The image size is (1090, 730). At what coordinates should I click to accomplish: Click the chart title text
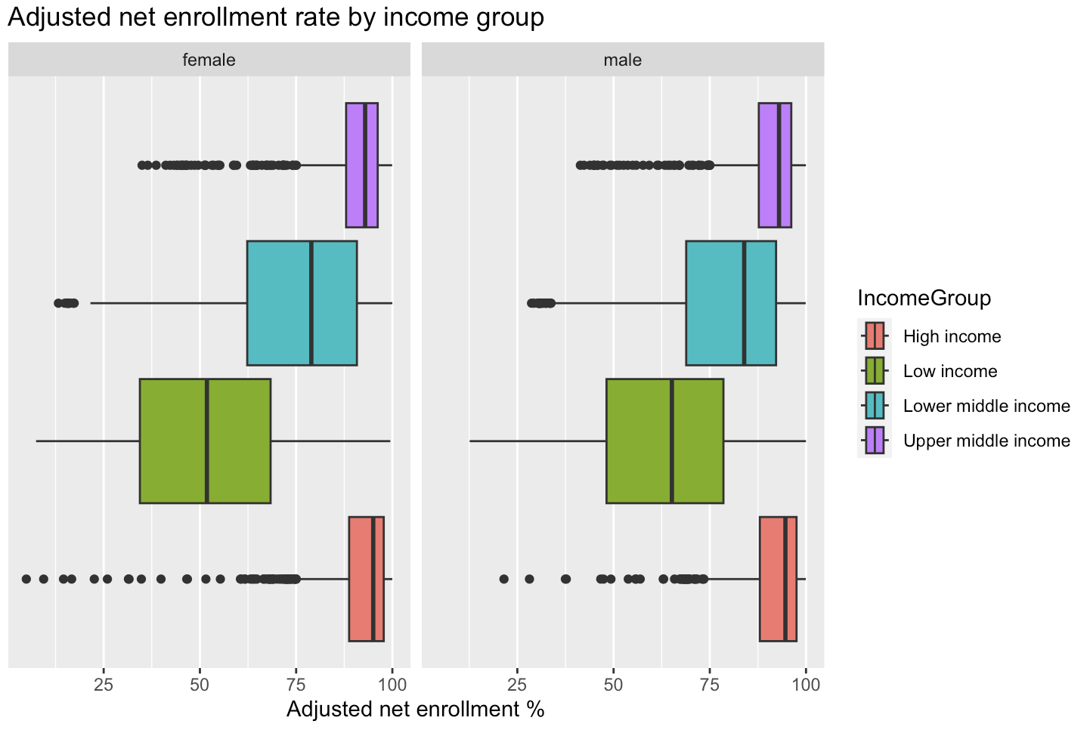[276, 17]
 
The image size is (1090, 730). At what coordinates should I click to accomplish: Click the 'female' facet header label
[209, 60]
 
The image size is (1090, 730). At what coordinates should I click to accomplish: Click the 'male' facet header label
[622, 60]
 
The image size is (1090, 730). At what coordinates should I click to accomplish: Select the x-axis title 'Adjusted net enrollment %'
[415, 710]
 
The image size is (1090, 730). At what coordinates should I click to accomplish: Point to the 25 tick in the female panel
[104, 685]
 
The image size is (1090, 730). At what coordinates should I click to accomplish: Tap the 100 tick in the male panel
[806, 685]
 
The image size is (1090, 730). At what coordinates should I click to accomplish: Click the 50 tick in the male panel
[613, 685]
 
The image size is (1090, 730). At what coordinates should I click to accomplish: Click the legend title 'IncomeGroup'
[924, 298]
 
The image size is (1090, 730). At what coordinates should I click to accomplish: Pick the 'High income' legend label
[952, 337]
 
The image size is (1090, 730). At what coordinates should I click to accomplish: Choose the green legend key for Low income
[875, 371]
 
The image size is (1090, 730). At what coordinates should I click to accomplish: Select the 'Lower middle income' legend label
[986, 407]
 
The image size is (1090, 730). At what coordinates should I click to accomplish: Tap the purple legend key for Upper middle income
[875, 441]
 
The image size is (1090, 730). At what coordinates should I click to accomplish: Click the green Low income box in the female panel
[174, 441]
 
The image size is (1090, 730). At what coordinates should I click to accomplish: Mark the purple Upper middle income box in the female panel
[355, 165]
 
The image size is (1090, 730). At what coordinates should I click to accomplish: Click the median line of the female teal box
[311, 303]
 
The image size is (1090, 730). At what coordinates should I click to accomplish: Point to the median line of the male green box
[671, 441]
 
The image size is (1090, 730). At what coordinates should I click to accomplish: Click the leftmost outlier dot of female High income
[26, 579]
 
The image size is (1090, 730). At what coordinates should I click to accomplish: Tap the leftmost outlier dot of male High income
[504, 579]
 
